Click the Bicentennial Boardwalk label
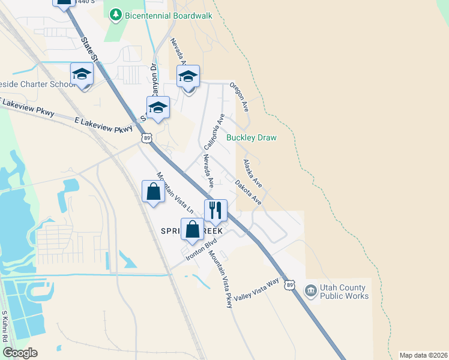pyautogui.click(x=169, y=15)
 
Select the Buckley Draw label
pyautogui.click(x=251, y=138)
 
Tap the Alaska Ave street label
pyautogui.click(x=252, y=173)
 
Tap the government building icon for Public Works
pyautogui.click(x=311, y=292)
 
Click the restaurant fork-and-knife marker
pyautogui.click(x=215, y=210)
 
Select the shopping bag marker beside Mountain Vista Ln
pyautogui.click(x=153, y=191)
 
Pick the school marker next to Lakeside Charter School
pyautogui.click(x=82, y=74)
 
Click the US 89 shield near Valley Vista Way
pyautogui.click(x=290, y=284)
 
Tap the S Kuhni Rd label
pyautogui.click(x=4, y=326)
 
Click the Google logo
pyautogui.click(x=20, y=353)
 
